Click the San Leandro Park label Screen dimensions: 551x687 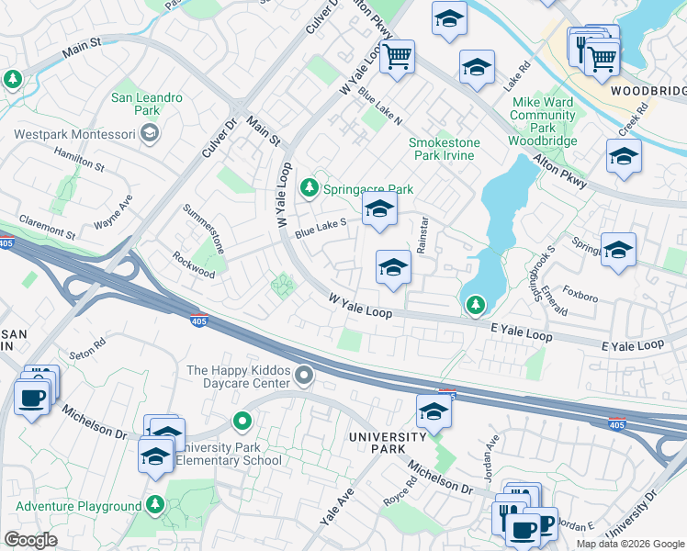(147, 104)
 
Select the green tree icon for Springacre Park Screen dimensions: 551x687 (310, 189)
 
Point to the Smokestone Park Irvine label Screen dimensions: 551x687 (442, 149)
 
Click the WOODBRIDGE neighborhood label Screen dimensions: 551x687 (648, 93)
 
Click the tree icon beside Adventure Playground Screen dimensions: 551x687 (155, 505)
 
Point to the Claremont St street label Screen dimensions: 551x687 (45, 228)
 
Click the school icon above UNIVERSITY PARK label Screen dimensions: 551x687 (434, 412)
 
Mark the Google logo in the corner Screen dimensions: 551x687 (30, 540)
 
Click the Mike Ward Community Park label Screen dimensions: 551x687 (542, 116)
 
